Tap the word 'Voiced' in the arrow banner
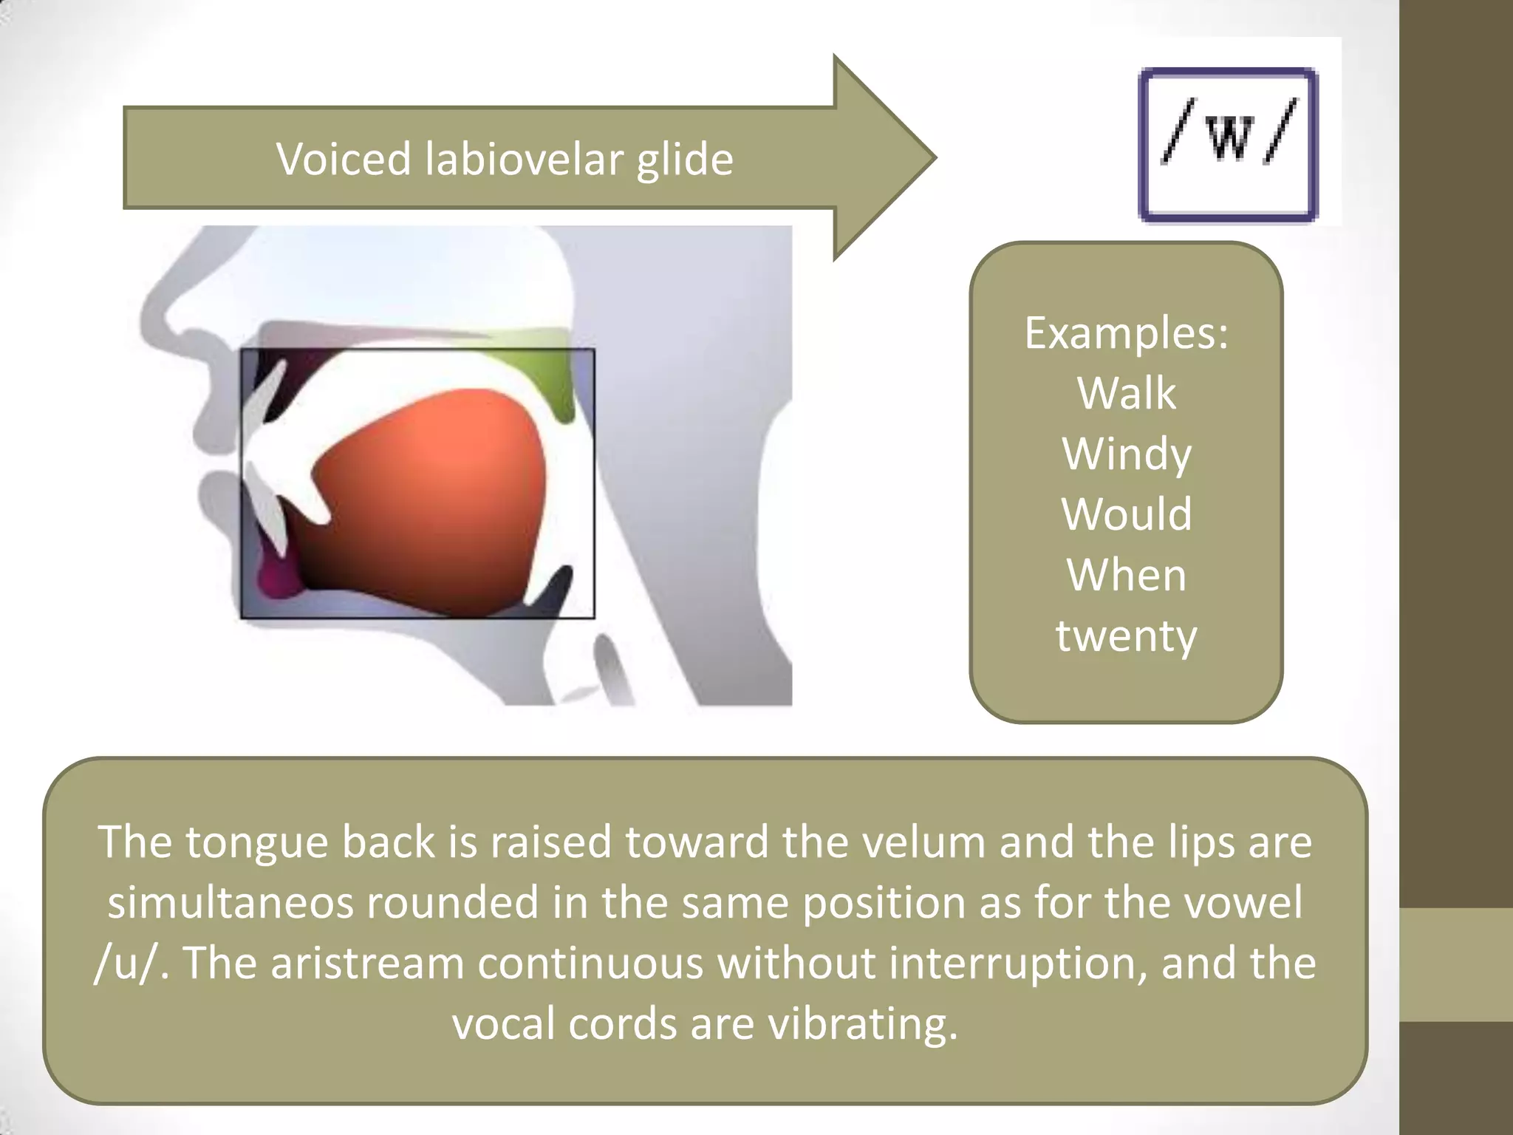pyautogui.click(x=343, y=159)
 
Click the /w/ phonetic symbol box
pyautogui.click(x=1229, y=144)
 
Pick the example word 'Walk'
pyautogui.click(x=1126, y=392)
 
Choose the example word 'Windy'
pyautogui.click(x=1127, y=454)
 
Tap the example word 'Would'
pyautogui.click(x=1127, y=514)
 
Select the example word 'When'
pyautogui.click(x=1127, y=574)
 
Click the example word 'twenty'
pyautogui.click(x=1127, y=635)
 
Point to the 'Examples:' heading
pyautogui.click(x=1127, y=333)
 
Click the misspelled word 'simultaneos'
pyautogui.click(x=230, y=902)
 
